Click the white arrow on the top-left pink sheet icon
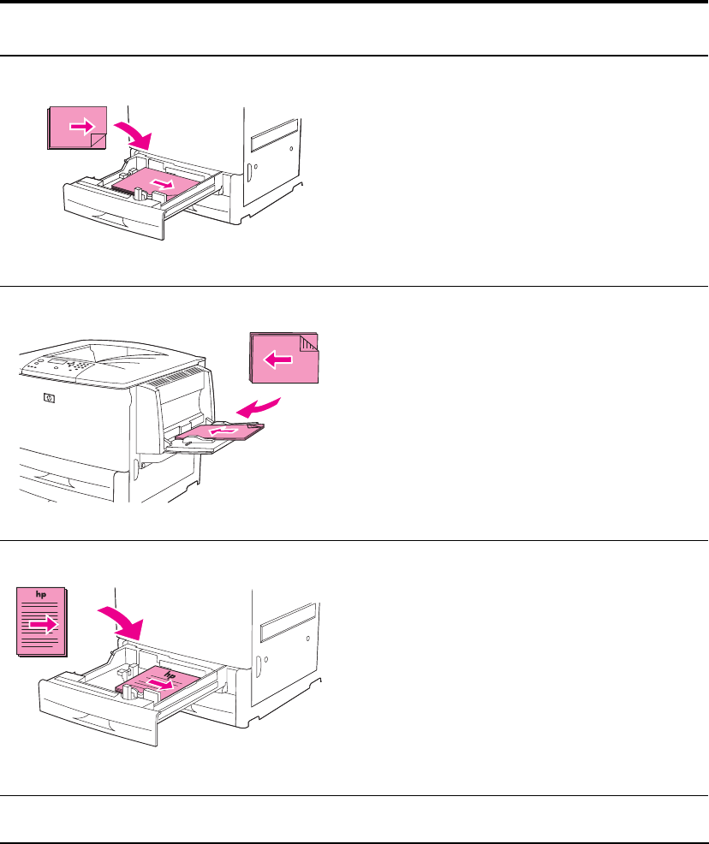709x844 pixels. click(x=82, y=127)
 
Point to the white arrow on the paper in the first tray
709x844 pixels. click(x=163, y=184)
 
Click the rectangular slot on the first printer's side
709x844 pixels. click(x=275, y=134)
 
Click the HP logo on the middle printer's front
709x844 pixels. click(x=49, y=398)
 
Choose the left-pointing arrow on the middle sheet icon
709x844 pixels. click(x=277, y=359)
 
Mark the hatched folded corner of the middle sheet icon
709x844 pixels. click(x=309, y=343)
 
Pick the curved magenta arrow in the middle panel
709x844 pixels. click(x=259, y=408)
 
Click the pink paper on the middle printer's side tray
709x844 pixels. click(x=220, y=431)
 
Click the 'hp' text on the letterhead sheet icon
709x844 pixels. click(x=41, y=594)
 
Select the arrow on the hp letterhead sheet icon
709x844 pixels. click(x=44, y=624)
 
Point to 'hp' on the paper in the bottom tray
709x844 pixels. click(x=170, y=675)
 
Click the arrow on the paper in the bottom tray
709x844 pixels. click(x=162, y=684)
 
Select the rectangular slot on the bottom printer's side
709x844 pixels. click(x=288, y=622)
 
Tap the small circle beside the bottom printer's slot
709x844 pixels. click(x=308, y=639)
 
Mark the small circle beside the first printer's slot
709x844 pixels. click(x=291, y=149)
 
